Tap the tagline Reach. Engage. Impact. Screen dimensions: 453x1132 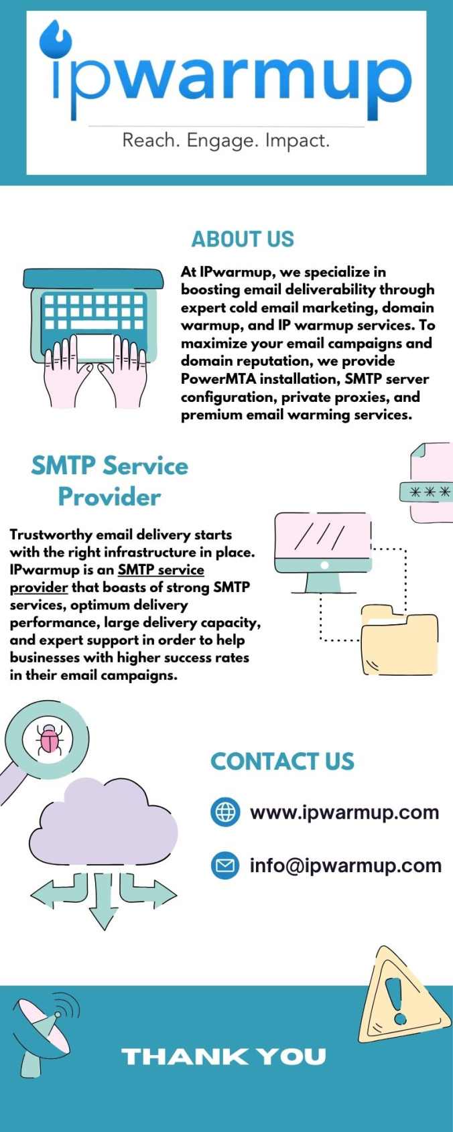pyautogui.click(x=226, y=140)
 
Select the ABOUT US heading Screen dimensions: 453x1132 pyautogui.click(x=243, y=239)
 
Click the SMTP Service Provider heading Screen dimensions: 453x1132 pyautogui.click(x=110, y=481)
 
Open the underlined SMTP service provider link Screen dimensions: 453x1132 pyautogui.click(x=107, y=579)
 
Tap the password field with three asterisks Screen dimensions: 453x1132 pyautogui.click(x=426, y=492)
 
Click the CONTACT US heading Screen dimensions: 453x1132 pyautogui.click(x=282, y=762)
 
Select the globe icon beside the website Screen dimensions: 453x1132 pyautogui.click(x=225, y=812)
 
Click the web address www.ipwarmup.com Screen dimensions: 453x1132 pyautogui.click(x=344, y=812)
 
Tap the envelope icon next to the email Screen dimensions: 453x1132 pyautogui.click(x=225, y=865)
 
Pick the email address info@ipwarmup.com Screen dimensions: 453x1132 pyautogui.click(x=346, y=865)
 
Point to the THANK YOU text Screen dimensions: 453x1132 pyautogui.click(x=224, y=1057)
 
